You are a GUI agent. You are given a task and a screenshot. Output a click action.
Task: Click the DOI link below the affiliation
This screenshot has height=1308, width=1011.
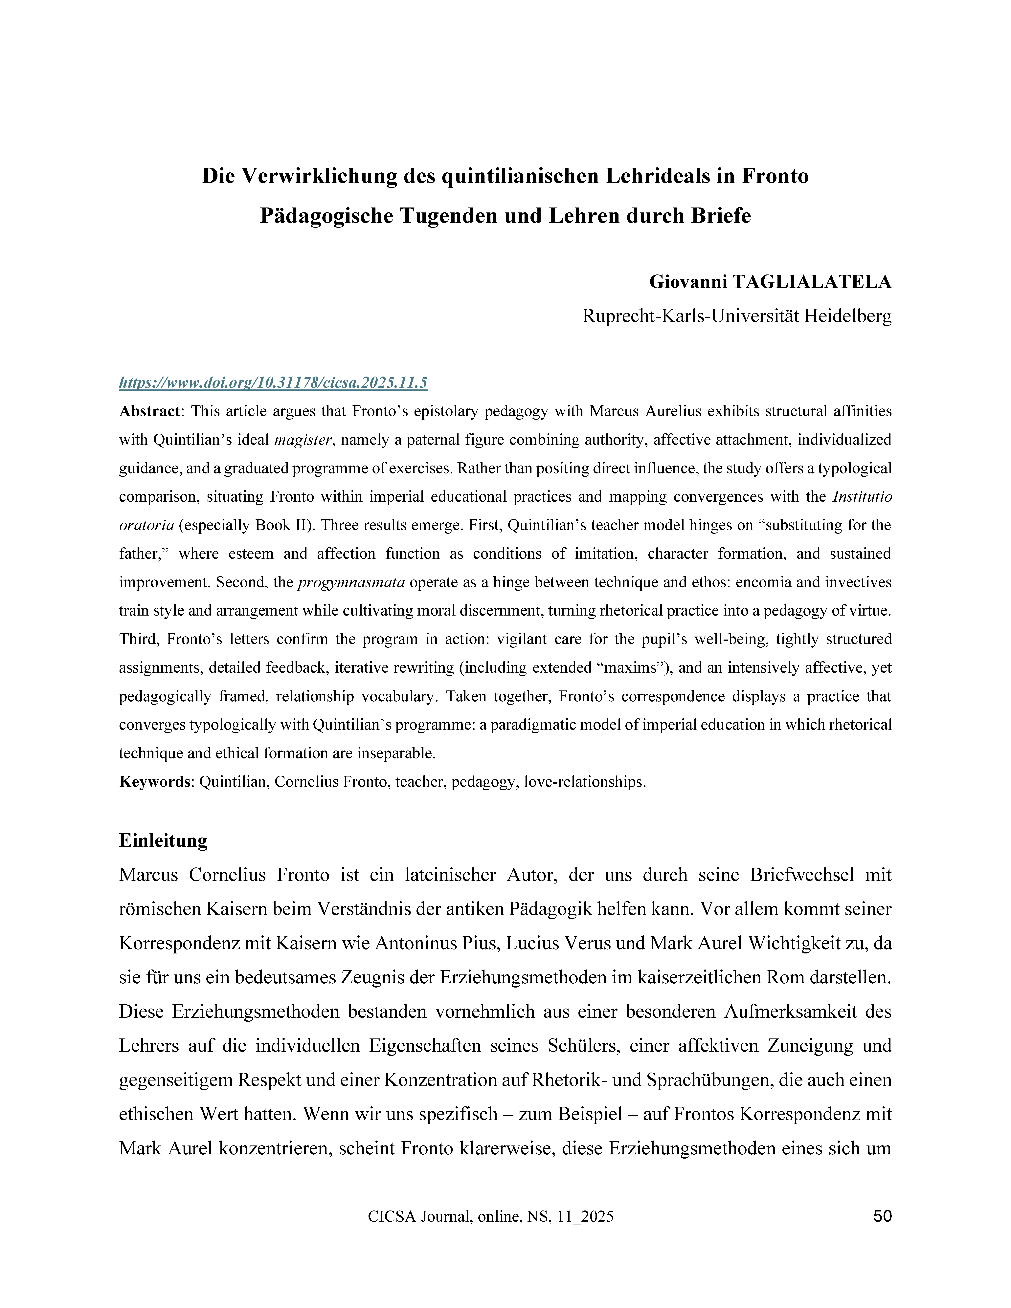click(x=273, y=383)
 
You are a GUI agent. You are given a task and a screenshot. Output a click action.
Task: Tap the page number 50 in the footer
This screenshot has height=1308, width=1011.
click(x=882, y=1216)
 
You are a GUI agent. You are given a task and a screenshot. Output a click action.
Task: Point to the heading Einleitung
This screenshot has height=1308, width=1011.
click(x=164, y=840)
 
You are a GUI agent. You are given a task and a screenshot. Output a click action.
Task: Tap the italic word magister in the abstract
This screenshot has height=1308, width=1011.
click(x=303, y=440)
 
